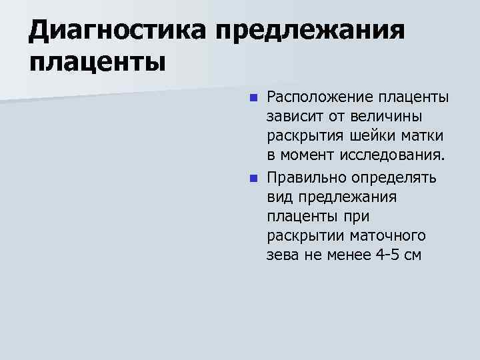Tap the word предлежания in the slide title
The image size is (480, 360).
pyautogui.click(x=312, y=31)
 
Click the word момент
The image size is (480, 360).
pyautogui.click(x=307, y=157)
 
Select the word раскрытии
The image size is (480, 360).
pyautogui.click(x=303, y=236)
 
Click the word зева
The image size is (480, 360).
pyautogui.click(x=283, y=256)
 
